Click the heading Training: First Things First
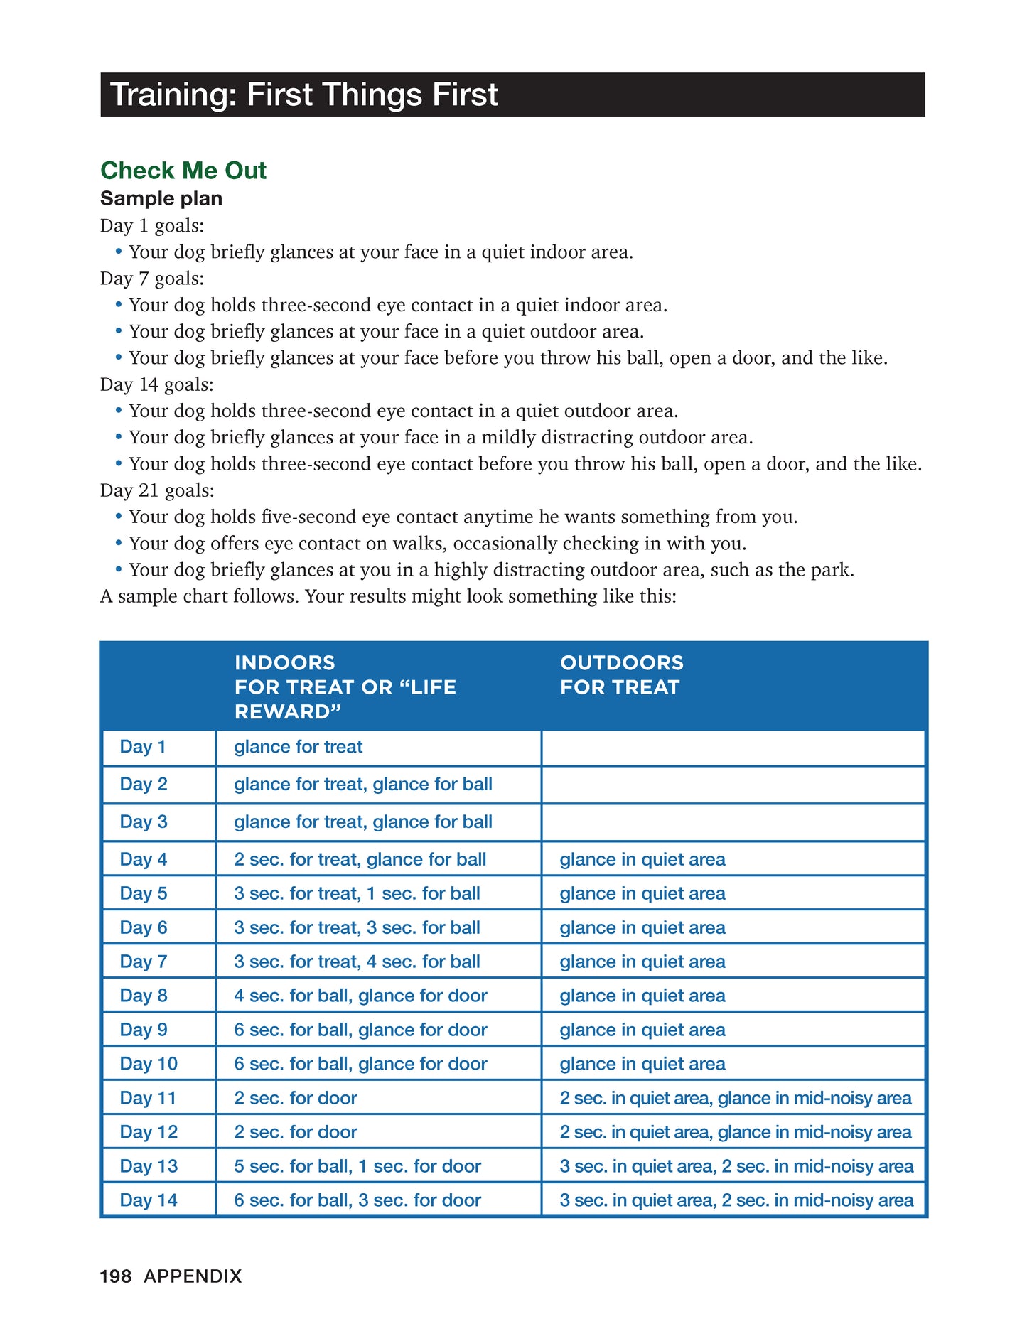pos(304,95)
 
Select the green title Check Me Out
pos(183,171)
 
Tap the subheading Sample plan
pos(161,198)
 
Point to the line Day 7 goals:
pos(152,279)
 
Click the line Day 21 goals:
pos(157,490)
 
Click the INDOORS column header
pos(345,687)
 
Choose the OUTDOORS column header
pos(621,674)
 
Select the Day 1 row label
pos(143,747)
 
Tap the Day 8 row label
pos(144,996)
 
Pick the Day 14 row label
pos(149,1200)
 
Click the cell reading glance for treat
pos(299,747)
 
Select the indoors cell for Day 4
pos(360,859)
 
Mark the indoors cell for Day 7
pos(357,962)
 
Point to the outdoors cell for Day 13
pos(736,1166)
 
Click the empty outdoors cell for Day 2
pos(733,785)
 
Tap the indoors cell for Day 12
pos(296,1132)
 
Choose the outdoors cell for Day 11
pos(736,1098)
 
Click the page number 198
pos(116,1276)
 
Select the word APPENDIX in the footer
pos(193,1276)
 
